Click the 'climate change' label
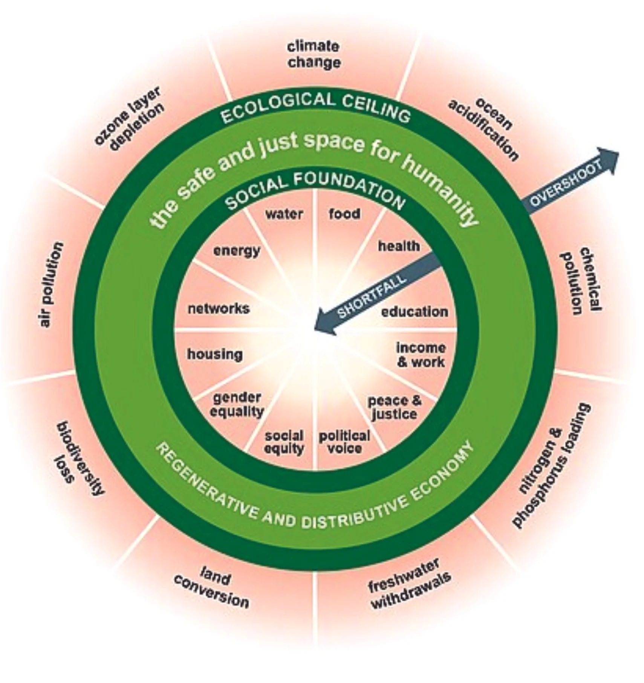tap(314, 55)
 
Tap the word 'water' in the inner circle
tap(284, 214)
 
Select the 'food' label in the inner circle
tap(344, 213)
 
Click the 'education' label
tap(415, 312)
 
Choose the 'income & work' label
tap(421, 355)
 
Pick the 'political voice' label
tap(344, 442)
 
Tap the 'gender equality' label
tap(237, 404)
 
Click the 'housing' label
tap(215, 354)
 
